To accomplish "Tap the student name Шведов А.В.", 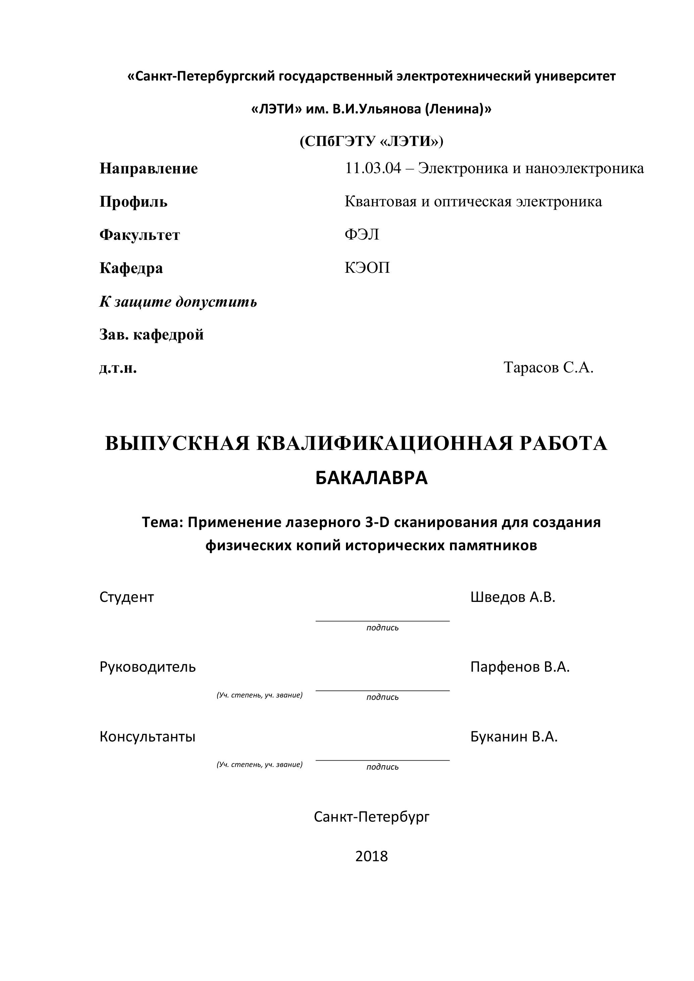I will tap(512, 597).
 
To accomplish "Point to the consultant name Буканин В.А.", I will tap(514, 737).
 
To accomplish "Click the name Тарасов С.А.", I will tap(548, 367).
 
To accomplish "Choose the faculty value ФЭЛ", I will tap(361, 235).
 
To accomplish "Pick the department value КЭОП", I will tap(367, 268).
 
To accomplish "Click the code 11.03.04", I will tap(373, 168).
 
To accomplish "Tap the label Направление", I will tap(148, 169).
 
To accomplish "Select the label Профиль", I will tap(133, 202).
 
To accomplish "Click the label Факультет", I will tap(140, 235).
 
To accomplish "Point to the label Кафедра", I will tap(131, 268).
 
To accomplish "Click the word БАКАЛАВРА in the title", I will tap(371, 478).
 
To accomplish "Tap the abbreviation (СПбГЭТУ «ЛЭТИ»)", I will tap(371, 141).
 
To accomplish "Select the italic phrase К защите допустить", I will tap(178, 302).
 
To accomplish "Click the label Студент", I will tap(127, 597).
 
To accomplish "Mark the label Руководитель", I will tap(147, 667).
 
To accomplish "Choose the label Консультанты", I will tap(147, 737).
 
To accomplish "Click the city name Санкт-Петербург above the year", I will tap(371, 817).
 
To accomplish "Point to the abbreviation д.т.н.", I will tap(118, 368).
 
